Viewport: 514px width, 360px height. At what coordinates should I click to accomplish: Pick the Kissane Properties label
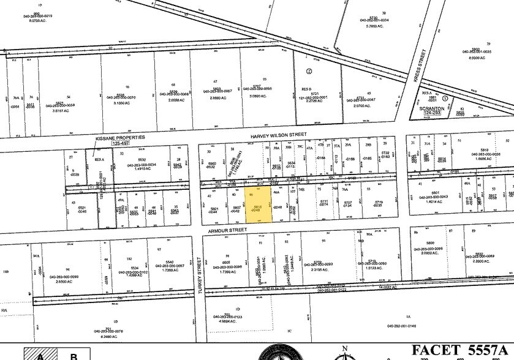(x=120, y=138)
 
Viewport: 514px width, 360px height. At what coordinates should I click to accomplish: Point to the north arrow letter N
(x=345, y=348)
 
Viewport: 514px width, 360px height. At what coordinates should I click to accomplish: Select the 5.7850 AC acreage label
(x=384, y=26)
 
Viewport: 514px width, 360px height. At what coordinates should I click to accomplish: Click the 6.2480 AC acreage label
(x=115, y=337)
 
